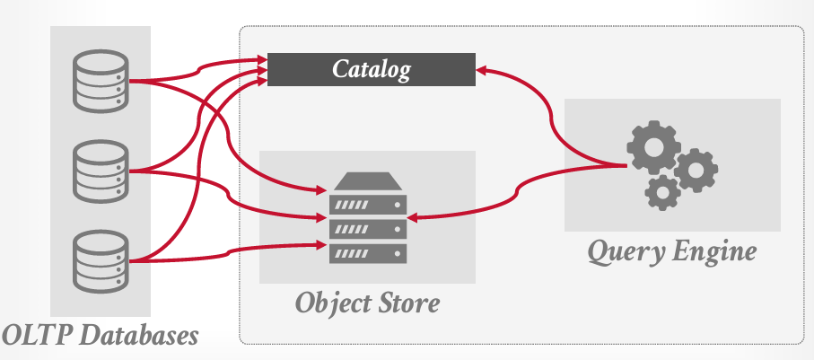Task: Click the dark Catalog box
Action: (372, 69)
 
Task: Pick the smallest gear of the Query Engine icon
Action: (663, 190)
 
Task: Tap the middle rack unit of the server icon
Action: (368, 229)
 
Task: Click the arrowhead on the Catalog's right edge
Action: (483, 67)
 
